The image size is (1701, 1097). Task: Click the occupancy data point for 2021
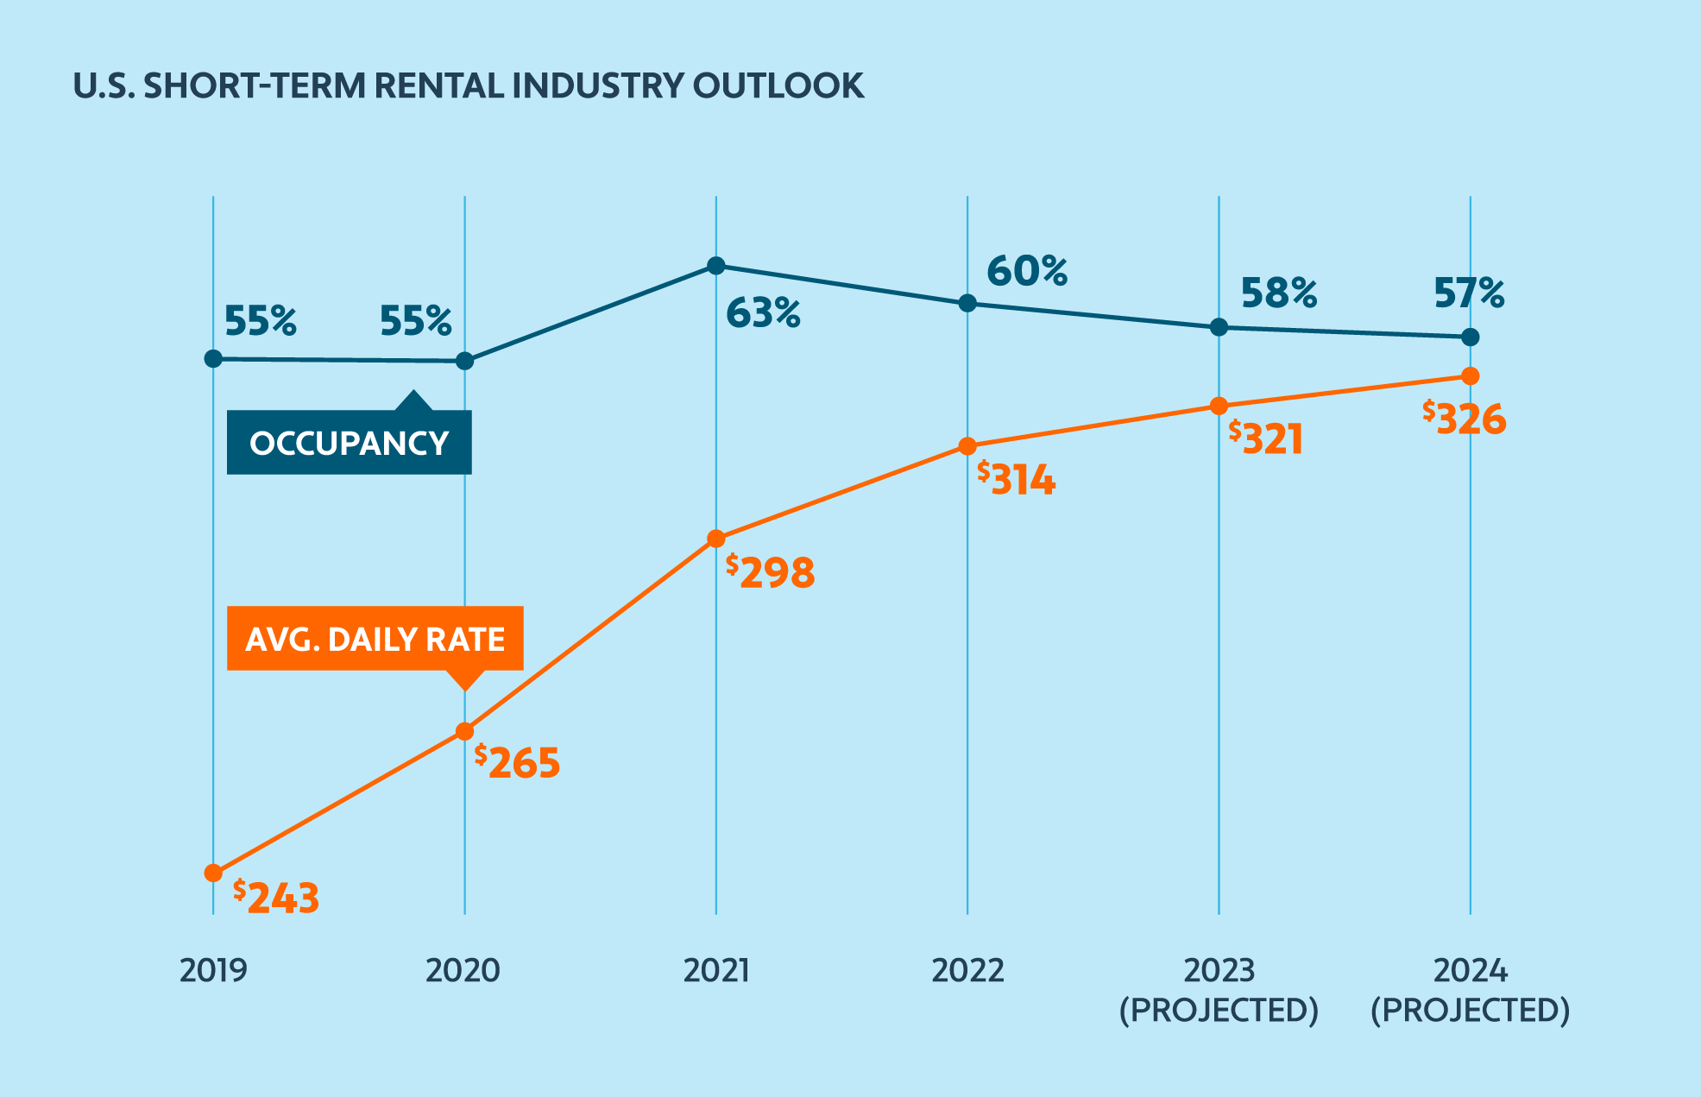pyautogui.click(x=716, y=265)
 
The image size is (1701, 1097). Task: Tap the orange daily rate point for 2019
pyautogui.click(x=213, y=873)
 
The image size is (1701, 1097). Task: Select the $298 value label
pyautogui.click(x=771, y=572)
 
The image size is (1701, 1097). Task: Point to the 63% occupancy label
pyautogui.click(x=763, y=312)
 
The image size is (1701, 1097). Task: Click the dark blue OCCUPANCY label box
pyautogui.click(x=349, y=443)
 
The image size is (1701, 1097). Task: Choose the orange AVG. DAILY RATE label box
pyautogui.click(x=375, y=639)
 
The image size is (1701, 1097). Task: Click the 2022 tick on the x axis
pyautogui.click(x=967, y=970)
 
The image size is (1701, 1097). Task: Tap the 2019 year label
pyautogui.click(x=213, y=970)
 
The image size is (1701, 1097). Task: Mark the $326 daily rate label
pyautogui.click(x=1465, y=419)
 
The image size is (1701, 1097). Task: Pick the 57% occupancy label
pyautogui.click(x=1469, y=293)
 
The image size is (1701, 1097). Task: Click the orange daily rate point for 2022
pyautogui.click(x=967, y=446)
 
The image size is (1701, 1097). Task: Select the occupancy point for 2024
pyautogui.click(x=1471, y=337)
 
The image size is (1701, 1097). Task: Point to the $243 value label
pyautogui.click(x=276, y=898)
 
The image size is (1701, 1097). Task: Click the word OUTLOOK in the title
pyautogui.click(x=778, y=86)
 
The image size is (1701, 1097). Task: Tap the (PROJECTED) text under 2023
pyautogui.click(x=1219, y=1010)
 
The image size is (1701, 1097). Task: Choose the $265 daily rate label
pyautogui.click(x=518, y=762)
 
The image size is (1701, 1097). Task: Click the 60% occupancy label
pyautogui.click(x=1027, y=271)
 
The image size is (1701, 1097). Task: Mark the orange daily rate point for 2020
pyautogui.click(x=464, y=732)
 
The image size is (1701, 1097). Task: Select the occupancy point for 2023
pyautogui.click(x=1219, y=327)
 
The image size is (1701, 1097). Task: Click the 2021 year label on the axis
pyautogui.click(x=716, y=970)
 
